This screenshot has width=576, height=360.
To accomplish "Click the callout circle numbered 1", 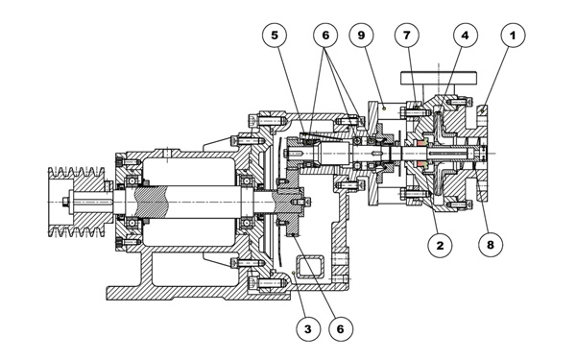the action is pos(514,36).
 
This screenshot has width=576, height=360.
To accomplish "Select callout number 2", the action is pos(440,245).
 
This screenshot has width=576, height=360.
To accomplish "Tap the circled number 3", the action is pos(308,329).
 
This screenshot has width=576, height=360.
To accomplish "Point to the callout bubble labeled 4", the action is pos(466,36).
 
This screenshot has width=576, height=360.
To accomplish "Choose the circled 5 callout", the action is pos(275,36).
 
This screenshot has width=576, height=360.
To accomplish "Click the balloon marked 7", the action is pos(407,36).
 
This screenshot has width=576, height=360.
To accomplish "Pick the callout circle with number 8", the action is pos(491,245).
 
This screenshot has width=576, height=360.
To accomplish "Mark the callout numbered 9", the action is pos(361,36).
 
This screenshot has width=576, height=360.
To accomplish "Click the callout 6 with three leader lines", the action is pos(325,36).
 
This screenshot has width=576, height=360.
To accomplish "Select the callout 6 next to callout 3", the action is pos(341,329).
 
